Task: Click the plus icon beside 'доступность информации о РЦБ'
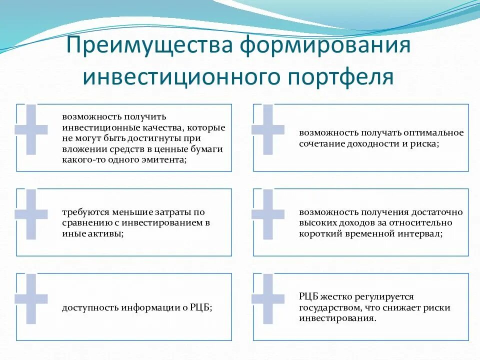point(31,298)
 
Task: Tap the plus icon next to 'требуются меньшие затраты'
point(31,214)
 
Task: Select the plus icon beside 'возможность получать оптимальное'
point(267,129)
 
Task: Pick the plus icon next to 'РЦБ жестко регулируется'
point(267,298)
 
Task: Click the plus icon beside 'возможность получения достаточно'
point(267,214)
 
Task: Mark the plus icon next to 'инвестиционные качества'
point(31,129)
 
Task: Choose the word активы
point(104,233)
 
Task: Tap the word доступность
point(89,307)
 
